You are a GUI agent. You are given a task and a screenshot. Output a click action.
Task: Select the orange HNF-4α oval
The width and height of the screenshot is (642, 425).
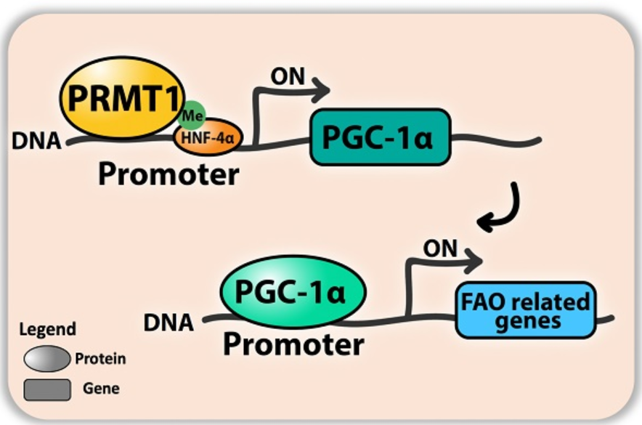(x=207, y=136)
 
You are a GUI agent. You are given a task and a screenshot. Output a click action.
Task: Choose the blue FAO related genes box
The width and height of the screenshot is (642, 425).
(x=525, y=309)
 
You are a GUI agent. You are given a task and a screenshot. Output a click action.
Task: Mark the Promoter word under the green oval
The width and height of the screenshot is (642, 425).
(x=293, y=343)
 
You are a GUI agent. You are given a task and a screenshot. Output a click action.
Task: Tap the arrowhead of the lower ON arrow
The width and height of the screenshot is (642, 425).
(x=475, y=258)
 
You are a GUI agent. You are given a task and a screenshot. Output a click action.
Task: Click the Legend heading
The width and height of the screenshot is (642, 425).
(x=47, y=330)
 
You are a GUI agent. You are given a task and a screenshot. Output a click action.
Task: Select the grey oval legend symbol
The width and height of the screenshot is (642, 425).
(x=46, y=359)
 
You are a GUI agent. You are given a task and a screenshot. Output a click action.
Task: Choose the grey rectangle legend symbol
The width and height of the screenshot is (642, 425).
(x=46, y=389)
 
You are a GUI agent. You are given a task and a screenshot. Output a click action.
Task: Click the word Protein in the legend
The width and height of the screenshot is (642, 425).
(x=100, y=359)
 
